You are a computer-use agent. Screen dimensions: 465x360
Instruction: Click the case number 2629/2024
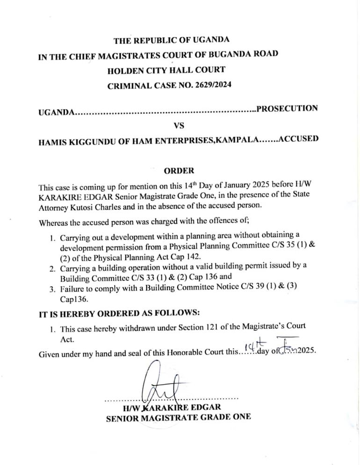click(x=213, y=86)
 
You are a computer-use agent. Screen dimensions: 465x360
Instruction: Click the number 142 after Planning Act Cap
click(x=194, y=257)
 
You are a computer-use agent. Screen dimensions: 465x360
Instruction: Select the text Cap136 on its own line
click(x=73, y=298)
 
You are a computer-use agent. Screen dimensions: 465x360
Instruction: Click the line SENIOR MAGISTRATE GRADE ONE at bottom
click(x=179, y=417)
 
